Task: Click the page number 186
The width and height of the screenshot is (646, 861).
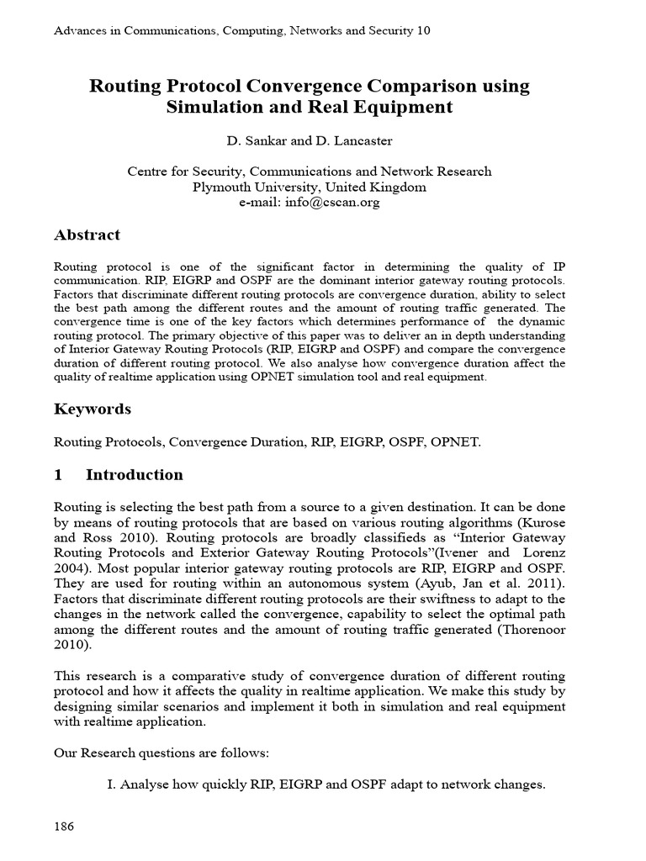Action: (64, 826)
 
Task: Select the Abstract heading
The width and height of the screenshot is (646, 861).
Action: (87, 235)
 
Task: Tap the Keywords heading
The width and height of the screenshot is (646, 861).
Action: (93, 409)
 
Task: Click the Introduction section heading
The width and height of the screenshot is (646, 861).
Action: (134, 474)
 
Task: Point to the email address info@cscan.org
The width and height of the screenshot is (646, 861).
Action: (336, 203)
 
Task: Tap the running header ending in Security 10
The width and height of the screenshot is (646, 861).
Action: (242, 30)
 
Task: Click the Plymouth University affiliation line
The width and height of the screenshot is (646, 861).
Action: (309, 187)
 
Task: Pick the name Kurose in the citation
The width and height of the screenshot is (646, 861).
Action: (544, 523)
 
